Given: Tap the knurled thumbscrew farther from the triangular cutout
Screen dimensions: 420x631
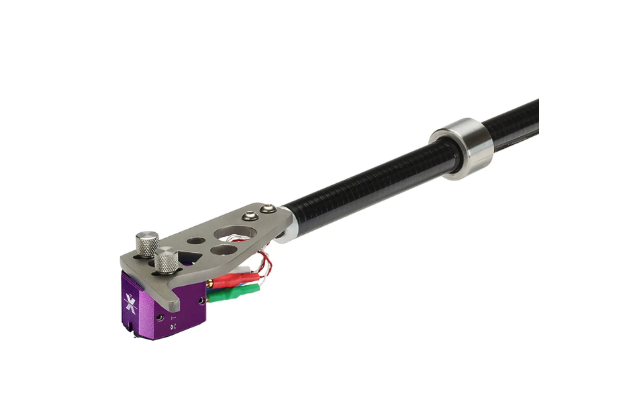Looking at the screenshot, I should pos(147,240).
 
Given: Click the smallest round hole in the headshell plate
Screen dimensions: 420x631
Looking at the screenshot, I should pos(195,240).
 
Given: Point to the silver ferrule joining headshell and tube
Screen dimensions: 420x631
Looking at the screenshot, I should pos(287,231).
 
